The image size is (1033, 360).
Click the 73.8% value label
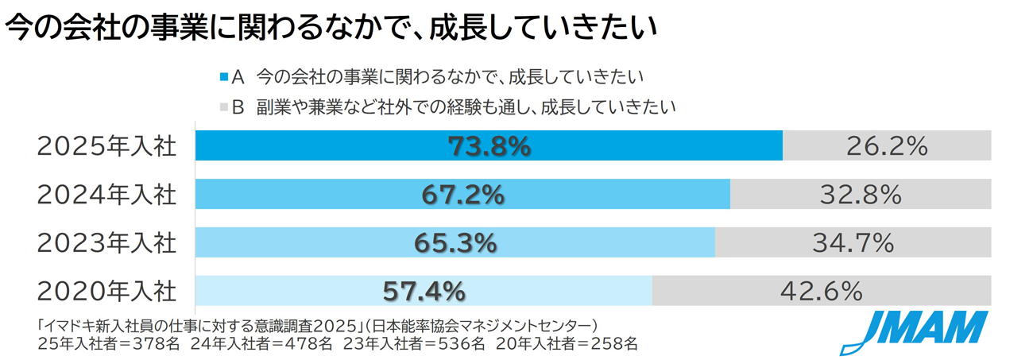[x=489, y=146]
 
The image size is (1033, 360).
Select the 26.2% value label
[x=888, y=146]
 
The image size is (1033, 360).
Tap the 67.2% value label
[x=462, y=195]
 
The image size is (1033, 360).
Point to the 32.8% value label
[x=861, y=195]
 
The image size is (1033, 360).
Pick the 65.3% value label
[x=455, y=243]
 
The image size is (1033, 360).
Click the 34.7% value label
[x=853, y=243]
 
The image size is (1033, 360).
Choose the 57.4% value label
[x=424, y=292]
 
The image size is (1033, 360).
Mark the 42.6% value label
[x=822, y=292]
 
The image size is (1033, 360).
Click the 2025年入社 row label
[x=106, y=146]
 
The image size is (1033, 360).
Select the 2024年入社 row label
[x=106, y=195]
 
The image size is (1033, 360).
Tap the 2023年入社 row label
[x=106, y=243]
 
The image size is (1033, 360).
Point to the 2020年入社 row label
[x=106, y=292]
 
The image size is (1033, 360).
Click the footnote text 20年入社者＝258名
[x=567, y=344]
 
